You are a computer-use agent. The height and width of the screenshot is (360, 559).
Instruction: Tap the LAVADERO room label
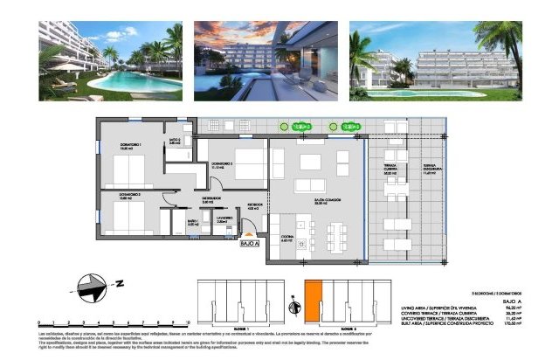point(223,219)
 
